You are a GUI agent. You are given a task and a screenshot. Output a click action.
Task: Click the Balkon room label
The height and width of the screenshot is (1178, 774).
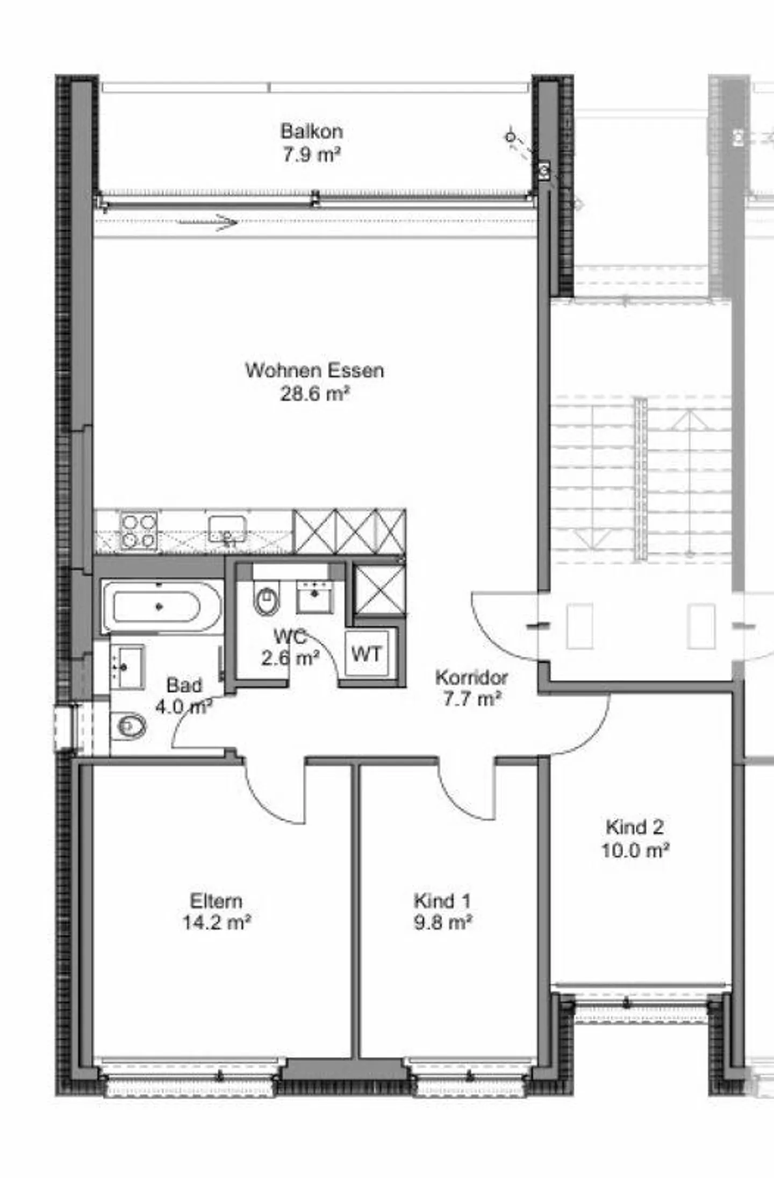pyautogui.click(x=311, y=131)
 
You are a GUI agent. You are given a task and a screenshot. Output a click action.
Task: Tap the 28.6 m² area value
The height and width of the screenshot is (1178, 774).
pyautogui.click(x=314, y=394)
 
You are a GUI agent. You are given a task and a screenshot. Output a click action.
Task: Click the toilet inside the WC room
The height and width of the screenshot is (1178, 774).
pyautogui.click(x=267, y=600)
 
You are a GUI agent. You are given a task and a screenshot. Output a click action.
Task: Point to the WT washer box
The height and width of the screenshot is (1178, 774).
pyautogui.click(x=367, y=654)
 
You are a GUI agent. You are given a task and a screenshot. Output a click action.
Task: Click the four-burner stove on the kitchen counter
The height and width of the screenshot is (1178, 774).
pyautogui.click(x=139, y=531)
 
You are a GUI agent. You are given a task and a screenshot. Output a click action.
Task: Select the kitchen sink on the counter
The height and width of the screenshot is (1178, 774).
pyautogui.click(x=228, y=530)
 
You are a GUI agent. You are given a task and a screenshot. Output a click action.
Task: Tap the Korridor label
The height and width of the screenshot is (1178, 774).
pyautogui.click(x=471, y=677)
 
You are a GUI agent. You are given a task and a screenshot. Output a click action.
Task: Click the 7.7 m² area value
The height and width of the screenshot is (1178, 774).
pyautogui.click(x=472, y=699)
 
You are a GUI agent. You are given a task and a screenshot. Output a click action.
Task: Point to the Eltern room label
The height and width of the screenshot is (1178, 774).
pyautogui.click(x=216, y=900)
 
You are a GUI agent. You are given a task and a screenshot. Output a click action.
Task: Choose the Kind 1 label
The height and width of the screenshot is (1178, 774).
pyautogui.click(x=442, y=900)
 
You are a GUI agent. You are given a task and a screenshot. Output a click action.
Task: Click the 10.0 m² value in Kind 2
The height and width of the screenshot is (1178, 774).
pyautogui.click(x=635, y=850)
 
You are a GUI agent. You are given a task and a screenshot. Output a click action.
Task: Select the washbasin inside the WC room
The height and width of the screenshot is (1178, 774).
pyautogui.click(x=315, y=597)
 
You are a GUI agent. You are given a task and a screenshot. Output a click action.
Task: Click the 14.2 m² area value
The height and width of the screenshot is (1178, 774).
pyautogui.click(x=216, y=922)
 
